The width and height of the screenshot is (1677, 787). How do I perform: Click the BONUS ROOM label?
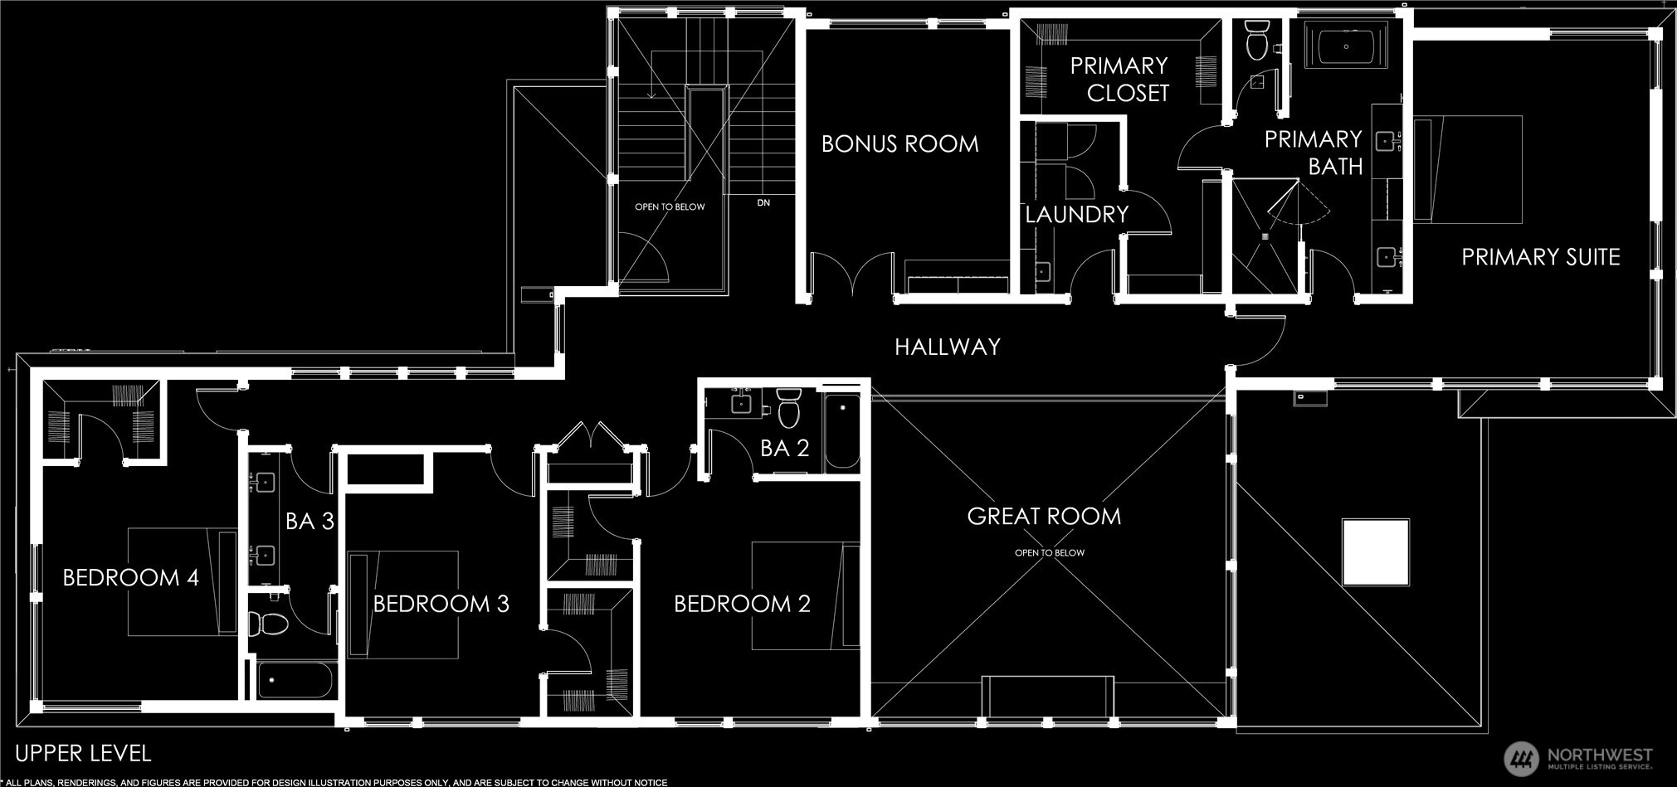pyautogui.click(x=899, y=143)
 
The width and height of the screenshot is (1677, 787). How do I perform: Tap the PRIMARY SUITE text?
pyautogui.click(x=1540, y=257)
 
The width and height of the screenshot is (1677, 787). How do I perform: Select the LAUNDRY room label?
pyautogui.click(x=1076, y=215)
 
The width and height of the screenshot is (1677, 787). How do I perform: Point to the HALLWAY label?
pyautogui.click(x=947, y=347)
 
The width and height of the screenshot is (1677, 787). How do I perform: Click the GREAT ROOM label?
pyautogui.click(x=1044, y=517)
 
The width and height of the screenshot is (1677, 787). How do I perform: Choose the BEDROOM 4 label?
pyautogui.click(x=131, y=577)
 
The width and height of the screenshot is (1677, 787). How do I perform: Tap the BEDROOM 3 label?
pyautogui.click(x=441, y=604)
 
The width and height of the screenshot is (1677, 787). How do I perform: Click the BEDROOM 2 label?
pyautogui.click(x=742, y=604)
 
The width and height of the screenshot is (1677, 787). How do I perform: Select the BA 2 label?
pyautogui.click(x=784, y=449)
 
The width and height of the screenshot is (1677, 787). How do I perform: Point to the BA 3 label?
pyautogui.click(x=310, y=522)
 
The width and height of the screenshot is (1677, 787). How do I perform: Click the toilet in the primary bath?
pyautogui.click(x=1256, y=39)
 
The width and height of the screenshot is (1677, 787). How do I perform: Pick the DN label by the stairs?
pyautogui.click(x=763, y=203)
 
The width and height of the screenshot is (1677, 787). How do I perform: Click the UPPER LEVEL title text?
pyautogui.click(x=83, y=754)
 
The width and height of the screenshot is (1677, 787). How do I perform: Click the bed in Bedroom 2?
pyautogui.click(x=806, y=595)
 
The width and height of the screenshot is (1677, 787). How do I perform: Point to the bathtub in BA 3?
pyautogui.click(x=295, y=681)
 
